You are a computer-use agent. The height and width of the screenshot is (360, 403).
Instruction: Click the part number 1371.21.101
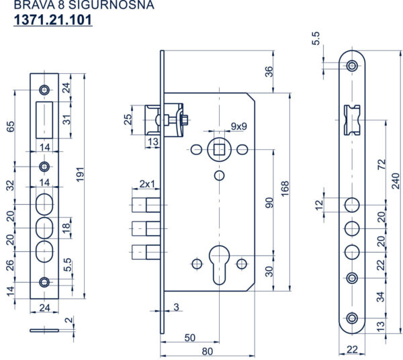(53, 21)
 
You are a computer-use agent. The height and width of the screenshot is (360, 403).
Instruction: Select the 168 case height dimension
(285, 187)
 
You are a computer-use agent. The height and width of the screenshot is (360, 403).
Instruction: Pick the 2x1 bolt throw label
(147, 183)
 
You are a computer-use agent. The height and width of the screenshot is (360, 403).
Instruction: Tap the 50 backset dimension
(190, 336)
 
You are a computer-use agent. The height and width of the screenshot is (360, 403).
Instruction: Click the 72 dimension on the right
(381, 163)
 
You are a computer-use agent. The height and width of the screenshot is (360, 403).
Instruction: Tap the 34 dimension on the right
(381, 296)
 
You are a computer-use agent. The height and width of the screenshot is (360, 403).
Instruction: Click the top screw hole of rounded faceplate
(351, 66)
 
